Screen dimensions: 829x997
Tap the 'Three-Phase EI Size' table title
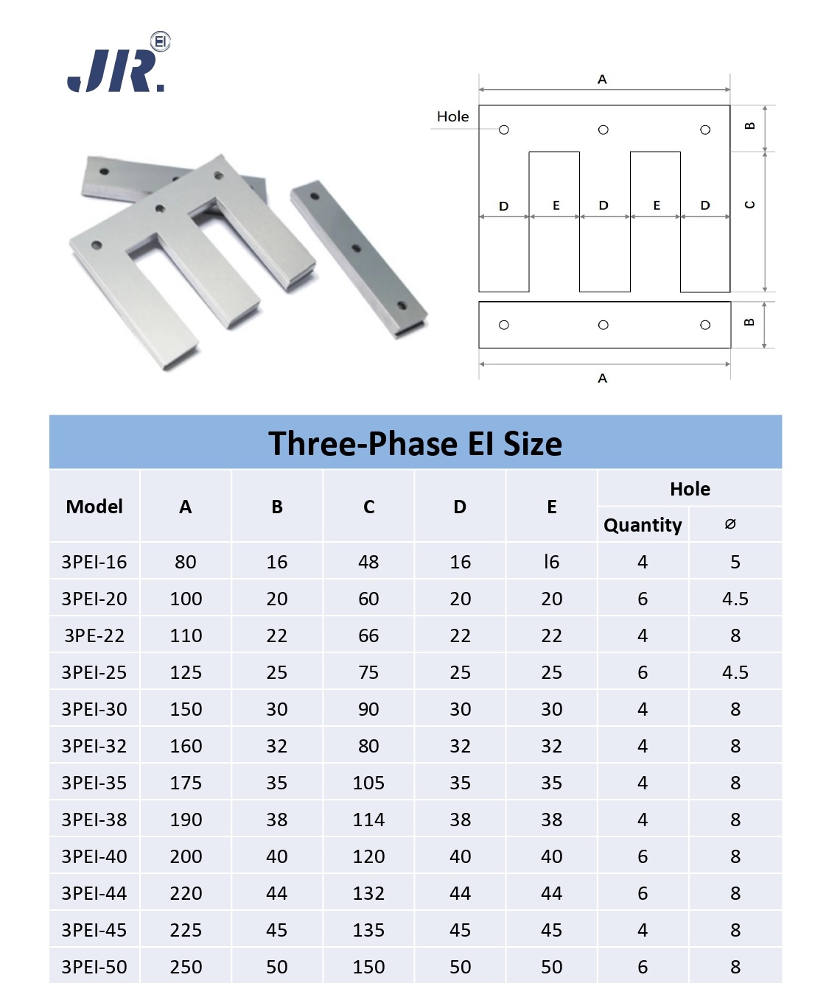point(415,443)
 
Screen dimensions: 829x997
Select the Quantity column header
point(642,525)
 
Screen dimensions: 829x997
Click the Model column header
point(94,506)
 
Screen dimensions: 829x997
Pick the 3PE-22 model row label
point(94,635)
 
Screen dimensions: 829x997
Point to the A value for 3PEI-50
point(186,966)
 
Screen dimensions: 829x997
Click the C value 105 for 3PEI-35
point(368,783)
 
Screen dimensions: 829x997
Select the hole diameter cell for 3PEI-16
point(735,562)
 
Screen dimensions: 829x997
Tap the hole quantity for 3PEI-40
point(642,856)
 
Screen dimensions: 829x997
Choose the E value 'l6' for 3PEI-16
point(551,562)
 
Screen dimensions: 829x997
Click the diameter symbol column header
point(730,524)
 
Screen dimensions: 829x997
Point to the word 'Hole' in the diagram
point(452,116)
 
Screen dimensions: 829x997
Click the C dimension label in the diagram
point(749,205)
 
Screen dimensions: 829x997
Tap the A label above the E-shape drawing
point(602,80)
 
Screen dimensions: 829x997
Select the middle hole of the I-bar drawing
point(603,325)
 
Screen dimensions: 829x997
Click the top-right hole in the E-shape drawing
point(704,130)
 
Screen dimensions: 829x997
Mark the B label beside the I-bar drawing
point(749,322)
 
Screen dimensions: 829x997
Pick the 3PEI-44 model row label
point(94,893)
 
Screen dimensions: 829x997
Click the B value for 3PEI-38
point(276,820)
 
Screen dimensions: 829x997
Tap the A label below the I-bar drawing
point(602,378)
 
